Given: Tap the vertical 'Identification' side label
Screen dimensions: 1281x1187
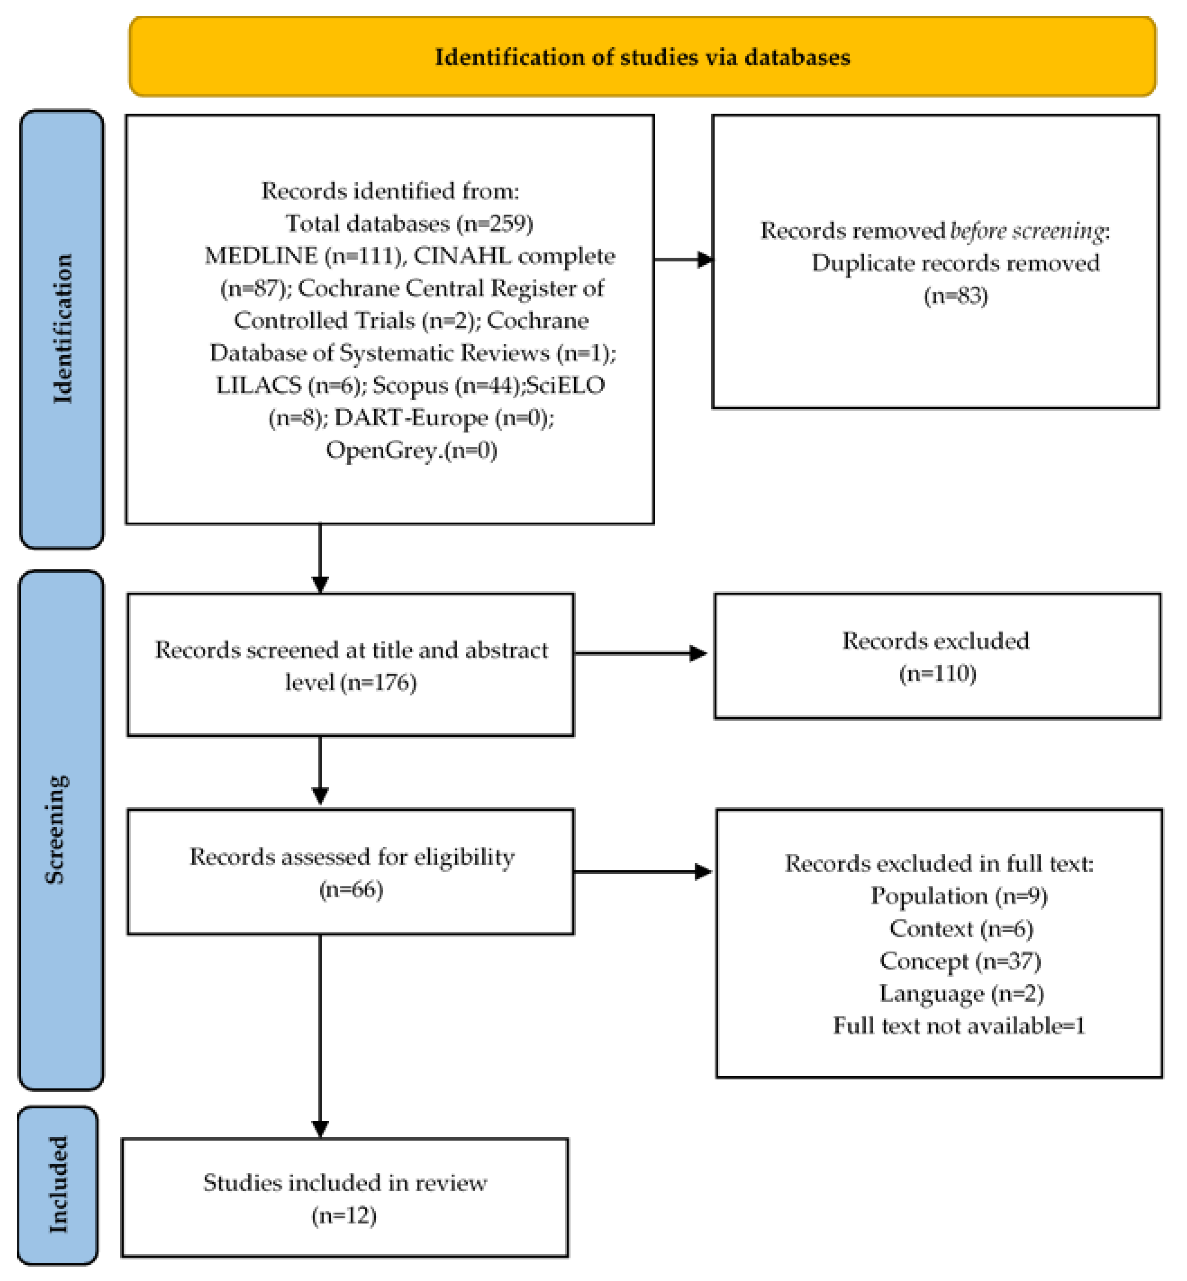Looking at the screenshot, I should tap(62, 329).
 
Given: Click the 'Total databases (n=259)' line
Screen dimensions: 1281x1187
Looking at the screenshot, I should tap(409, 223).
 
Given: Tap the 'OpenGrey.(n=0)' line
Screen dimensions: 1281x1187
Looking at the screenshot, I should tap(411, 450).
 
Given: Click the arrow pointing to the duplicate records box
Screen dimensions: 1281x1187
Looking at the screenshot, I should tap(684, 259).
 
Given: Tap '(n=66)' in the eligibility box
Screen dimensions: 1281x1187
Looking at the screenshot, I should tap(351, 889).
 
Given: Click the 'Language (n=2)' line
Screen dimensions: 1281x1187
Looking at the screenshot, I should tap(961, 993).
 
